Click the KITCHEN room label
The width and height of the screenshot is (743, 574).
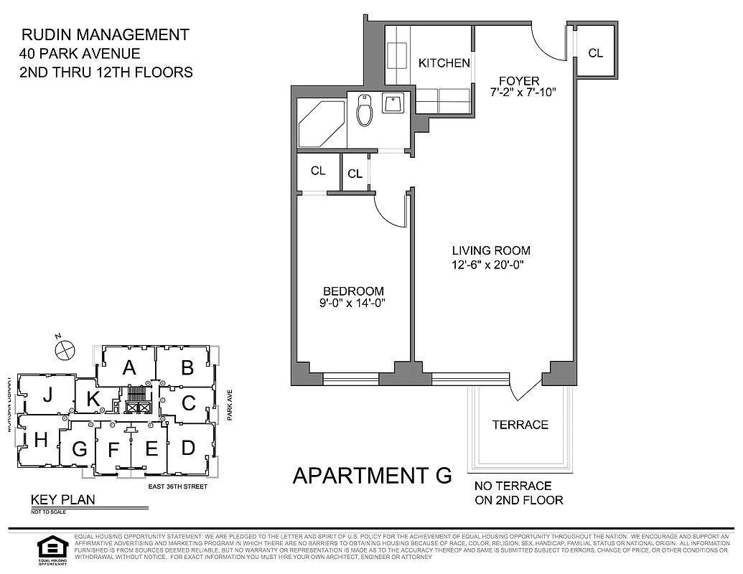click(x=444, y=63)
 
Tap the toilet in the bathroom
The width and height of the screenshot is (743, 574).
click(x=365, y=110)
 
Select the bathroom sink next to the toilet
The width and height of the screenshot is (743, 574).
click(x=393, y=105)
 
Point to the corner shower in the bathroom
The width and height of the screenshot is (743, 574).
click(x=319, y=123)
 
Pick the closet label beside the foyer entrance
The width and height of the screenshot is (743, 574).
click(x=595, y=53)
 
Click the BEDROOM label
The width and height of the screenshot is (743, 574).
click(x=353, y=291)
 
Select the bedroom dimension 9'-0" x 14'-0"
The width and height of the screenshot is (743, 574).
click(x=353, y=304)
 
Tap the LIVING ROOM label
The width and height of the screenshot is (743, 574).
click(x=491, y=250)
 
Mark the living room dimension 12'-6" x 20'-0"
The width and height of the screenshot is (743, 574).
click(x=491, y=264)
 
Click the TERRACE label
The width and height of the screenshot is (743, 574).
click(x=520, y=425)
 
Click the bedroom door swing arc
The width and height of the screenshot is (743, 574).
click(x=388, y=212)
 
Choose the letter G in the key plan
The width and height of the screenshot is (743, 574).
click(x=79, y=450)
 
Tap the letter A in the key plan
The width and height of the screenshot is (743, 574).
click(x=128, y=367)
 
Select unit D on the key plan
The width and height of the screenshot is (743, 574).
click(x=188, y=448)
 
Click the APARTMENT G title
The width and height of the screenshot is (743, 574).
click(x=373, y=476)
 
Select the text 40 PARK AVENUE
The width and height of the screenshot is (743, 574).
click(x=80, y=53)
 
